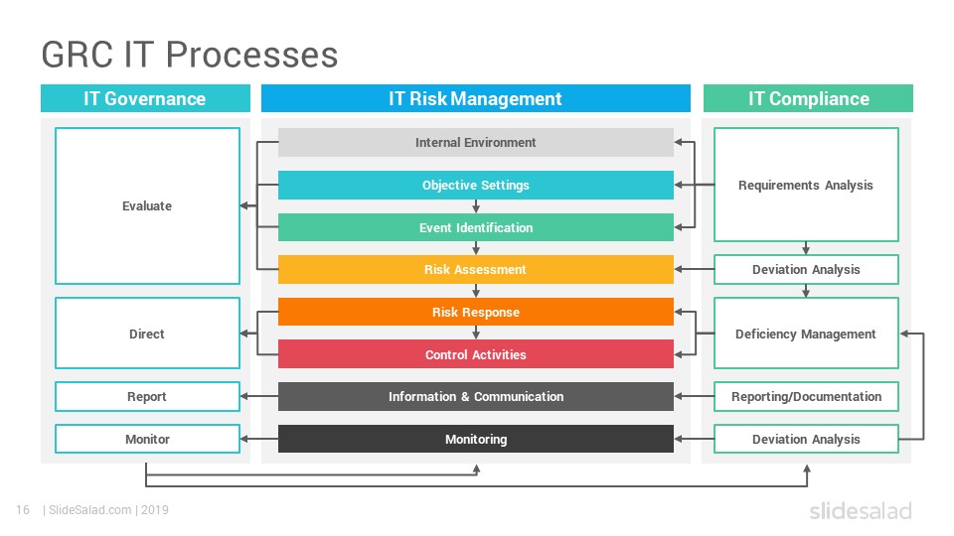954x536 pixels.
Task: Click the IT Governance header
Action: [x=145, y=98]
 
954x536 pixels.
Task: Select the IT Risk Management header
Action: [x=476, y=98]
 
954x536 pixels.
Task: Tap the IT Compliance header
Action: [x=808, y=98]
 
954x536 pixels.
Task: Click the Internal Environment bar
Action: [x=476, y=142]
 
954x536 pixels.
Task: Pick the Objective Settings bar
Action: [x=476, y=185]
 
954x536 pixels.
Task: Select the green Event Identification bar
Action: [x=476, y=227]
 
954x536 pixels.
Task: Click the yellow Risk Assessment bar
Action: [x=476, y=269]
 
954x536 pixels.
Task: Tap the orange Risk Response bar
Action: [x=476, y=312]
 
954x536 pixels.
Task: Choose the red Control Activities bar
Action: [x=476, y=354]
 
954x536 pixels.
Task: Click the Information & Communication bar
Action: [x=476, y=396]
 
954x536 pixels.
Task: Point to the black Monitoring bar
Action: [x=476, y=439]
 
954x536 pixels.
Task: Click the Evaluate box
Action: [x=147, y=206]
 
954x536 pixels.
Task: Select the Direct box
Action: [x=147, y=334]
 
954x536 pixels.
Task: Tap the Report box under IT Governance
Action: [x=147, y=396]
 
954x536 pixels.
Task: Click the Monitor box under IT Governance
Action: [x=147, y=439]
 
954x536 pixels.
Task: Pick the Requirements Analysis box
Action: [x=806, y=185]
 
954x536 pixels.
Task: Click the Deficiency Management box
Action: [x=806, y=334]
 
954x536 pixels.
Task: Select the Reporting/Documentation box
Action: [x=806, y=396]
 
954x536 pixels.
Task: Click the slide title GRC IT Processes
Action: [x=189, y=55]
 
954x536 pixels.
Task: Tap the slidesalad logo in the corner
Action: [x=861, y=510]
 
